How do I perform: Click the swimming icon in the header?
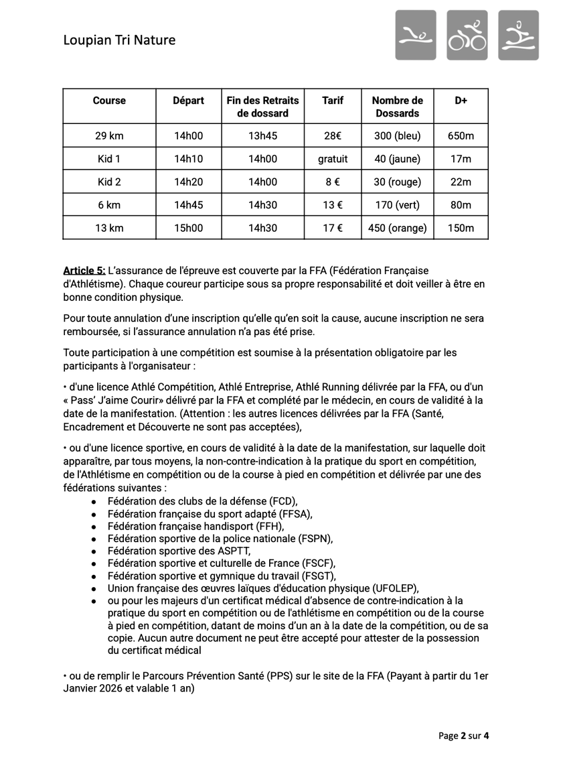[415, 35]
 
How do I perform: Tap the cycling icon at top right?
[467, 35]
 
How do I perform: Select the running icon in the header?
[518, 35]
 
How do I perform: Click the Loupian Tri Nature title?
[119, 40]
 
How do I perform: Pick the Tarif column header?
[333, 101]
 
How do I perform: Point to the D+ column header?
[461, 101]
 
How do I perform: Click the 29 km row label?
[109, 136]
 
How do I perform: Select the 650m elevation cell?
[461, 136]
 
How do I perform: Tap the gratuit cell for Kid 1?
[333, 159]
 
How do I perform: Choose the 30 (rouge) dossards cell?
[398, 182]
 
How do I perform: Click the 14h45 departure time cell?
[188, 205]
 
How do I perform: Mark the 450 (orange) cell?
[398, 228]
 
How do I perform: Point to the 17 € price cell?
[333, 228]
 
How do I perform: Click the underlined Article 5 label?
[84, 271]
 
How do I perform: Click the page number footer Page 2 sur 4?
[464, 736]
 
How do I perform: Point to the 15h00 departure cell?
[188, 228]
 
